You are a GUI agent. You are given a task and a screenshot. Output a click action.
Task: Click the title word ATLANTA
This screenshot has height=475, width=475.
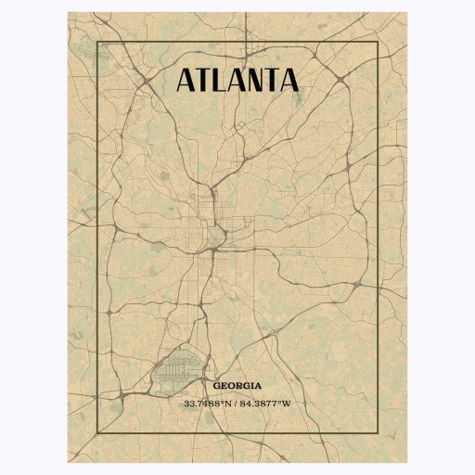click(237, 80)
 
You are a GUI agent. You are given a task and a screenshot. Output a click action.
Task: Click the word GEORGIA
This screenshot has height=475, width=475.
click(237, 385)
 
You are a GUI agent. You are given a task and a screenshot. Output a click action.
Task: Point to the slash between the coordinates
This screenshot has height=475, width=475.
click(237, 404)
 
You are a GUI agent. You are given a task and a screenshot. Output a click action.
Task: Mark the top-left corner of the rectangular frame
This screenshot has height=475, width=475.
click(98, 43)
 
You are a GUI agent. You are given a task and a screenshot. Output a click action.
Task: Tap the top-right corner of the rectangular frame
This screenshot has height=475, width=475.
click(377, 43)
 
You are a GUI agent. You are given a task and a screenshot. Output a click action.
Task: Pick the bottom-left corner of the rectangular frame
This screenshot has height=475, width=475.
click(98, 433)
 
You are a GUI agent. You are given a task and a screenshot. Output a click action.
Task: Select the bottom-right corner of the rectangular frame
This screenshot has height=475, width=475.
click(377, 433)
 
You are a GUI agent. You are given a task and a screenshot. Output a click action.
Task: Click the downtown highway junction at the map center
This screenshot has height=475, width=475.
click(215, 243)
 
